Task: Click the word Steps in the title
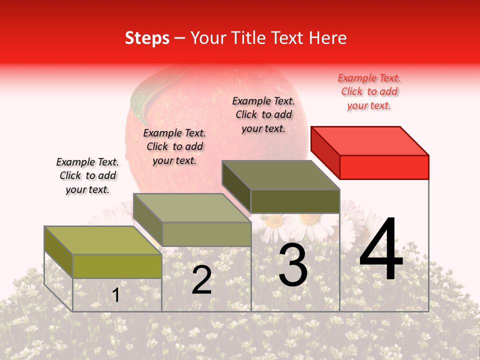coord(147,38)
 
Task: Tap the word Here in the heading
coord(328,38)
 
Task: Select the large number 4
coord(381,250)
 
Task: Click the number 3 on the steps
coord(293,265)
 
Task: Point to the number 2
coord(201,280)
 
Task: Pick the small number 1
coord(115,295)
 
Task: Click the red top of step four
coord(370,140)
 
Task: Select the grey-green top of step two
coord(192,208)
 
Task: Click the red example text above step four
coord(369,92)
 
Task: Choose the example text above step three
coord(263,114)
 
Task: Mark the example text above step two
coord(174,146)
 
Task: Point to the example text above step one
coord(87,176)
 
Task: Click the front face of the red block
coord(384,167)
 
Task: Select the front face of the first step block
coord(117,266)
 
